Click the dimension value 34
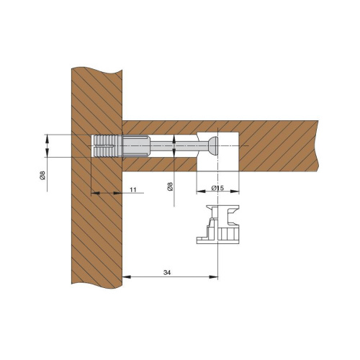(x=167, y=273)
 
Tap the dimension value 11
(x=133, y=189)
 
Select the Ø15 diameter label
(x=217, y=188)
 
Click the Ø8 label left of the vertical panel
(x=42, y=175)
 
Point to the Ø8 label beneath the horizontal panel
(x=170, y=186)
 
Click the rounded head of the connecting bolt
(x=213, y=145)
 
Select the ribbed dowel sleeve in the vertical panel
(x=106, y=146)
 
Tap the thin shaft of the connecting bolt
(x=179, y=145)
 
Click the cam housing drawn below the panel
(x=217, y=225)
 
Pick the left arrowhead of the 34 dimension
(x=127, y=277)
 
